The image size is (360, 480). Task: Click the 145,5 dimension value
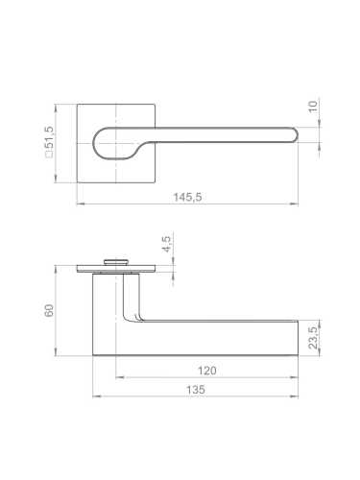[x=187, y=197]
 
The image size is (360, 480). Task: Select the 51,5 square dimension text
[x=50, y=138]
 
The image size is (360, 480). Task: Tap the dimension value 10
[x=313, y=107]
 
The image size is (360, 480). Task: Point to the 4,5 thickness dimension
[x=167, y=244]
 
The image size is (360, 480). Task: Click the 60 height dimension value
[x=49, y=310]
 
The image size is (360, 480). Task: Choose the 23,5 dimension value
[x=313, y=338]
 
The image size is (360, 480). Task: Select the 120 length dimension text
[x=207, y=371]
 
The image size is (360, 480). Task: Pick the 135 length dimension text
[x=196, y=390]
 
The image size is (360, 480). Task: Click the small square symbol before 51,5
[x=50, y=155]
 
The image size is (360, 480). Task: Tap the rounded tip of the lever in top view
[x=295, y=134]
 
